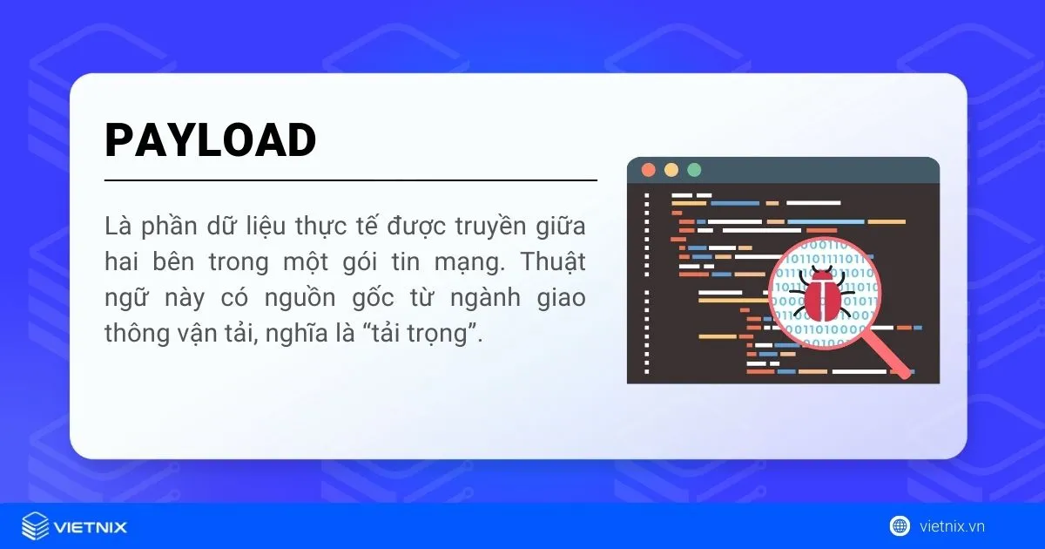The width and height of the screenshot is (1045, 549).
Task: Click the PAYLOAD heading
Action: (210, 140)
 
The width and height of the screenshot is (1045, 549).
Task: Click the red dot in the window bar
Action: (647, 170)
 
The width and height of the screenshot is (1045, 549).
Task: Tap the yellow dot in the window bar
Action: (671, 170)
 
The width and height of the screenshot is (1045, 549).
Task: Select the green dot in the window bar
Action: (694, 170)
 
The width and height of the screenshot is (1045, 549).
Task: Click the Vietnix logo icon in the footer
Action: (35, 526)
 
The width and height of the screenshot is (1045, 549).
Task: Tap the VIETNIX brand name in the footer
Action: (91, 527)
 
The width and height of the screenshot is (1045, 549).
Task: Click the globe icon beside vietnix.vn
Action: (900, 525)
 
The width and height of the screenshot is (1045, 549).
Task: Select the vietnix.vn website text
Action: (952, 526)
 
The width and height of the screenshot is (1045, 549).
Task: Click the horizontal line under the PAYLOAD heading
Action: (350, 180)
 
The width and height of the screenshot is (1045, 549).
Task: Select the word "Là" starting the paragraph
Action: (116, 227)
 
